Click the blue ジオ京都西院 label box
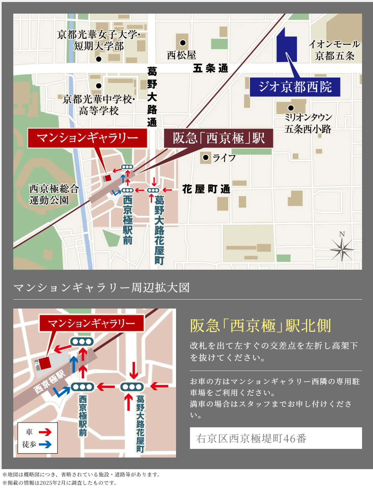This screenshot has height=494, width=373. click(295, 87)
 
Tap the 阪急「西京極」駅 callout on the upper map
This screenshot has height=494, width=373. click(219, 138)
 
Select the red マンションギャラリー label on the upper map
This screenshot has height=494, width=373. click(87, 138)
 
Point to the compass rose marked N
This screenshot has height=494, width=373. click(342, 248)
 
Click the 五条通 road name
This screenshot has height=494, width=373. click(211, 68)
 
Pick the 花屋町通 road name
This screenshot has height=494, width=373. click(206, 189)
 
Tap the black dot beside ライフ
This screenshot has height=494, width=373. click(206, 157)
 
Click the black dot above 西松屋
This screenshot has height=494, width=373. click(183, 43)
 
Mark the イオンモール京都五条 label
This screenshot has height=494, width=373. click(334, 50)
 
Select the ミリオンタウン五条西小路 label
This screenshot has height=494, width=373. click(308, 123)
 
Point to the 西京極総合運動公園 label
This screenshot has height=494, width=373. click(54, 194)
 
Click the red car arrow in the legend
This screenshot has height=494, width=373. click(45, 432)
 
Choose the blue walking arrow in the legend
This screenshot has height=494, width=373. click(45, 444)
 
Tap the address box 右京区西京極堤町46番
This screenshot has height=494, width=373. click(276, 438)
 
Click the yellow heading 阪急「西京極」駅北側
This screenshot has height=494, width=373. click(260, 326)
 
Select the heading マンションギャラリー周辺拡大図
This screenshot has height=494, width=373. click(102, 288)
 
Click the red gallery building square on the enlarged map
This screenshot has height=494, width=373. click(45, 362)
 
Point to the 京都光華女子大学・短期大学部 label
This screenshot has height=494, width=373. click(99, 40)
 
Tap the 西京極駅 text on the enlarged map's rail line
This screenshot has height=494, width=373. click(49, 382)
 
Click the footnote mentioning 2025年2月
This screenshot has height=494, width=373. click(60, 483)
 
